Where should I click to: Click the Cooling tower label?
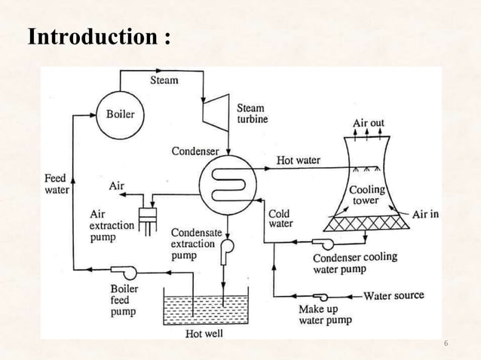[x=367, y=195]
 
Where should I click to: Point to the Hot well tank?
[x=206, y=309]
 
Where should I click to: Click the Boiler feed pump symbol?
[x=119, y=270]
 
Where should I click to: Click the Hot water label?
[x=299, y=160]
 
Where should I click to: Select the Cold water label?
[x=280, y=218]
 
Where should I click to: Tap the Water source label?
[x=394, y=295]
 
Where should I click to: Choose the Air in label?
[x=425, y=214]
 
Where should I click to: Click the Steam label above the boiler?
[x=164, y=80]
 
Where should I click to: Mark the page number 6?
[x=446, y=343]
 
